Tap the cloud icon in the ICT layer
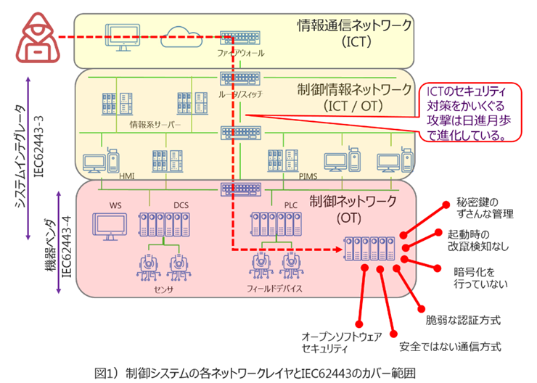(x=179, y=35)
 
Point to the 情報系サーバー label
(x=153, y=123)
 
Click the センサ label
(x=162, y=287)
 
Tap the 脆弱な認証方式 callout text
(x=462, y=319)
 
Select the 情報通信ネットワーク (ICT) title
(x=354, y=33)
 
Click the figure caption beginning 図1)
(x=254, y=374)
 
